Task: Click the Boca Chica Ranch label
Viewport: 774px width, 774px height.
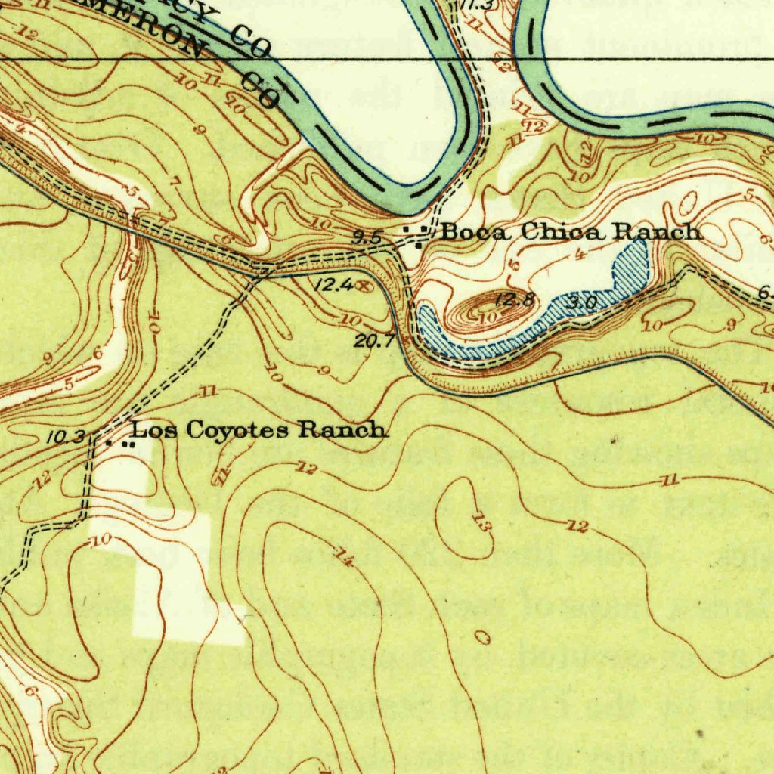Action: click(571, 232)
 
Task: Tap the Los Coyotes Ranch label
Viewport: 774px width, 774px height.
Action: click(260, 431)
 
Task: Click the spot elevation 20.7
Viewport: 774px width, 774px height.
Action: click(374, 342)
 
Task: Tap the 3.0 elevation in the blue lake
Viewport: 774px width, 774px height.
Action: click(582, 302)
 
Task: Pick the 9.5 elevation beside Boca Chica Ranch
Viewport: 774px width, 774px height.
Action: click(367, 237)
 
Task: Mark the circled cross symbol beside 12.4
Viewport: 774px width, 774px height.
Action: click(364, 286)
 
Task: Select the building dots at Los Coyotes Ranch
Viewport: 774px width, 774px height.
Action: click(121, 444)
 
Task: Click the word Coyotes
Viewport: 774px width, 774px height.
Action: click(234, 431)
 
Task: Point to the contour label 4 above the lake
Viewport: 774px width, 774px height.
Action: click(580, 255)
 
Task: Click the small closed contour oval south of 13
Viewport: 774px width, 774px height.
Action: click(483, 639)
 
